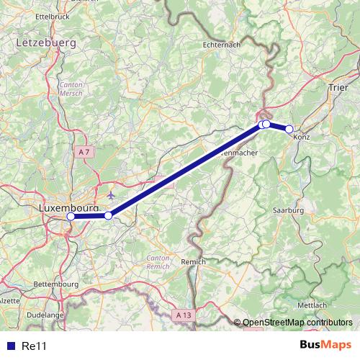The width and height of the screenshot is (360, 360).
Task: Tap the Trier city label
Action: (x=338, y=87)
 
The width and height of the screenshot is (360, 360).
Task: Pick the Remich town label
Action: (x=194, y=261)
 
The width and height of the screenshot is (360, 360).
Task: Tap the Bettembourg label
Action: (x=56, y=284)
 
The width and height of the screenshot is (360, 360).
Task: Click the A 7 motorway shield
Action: (x=84, y=151)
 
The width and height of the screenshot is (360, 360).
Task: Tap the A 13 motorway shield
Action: (x=184, y=315)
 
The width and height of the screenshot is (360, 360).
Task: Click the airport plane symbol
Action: (x=109, y=194)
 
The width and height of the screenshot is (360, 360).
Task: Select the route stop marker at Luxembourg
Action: (x=71, y=216)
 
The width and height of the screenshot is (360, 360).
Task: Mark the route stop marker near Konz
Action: (x=289, y=129)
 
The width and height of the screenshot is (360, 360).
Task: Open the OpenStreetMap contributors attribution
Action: (x=297, y=323)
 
